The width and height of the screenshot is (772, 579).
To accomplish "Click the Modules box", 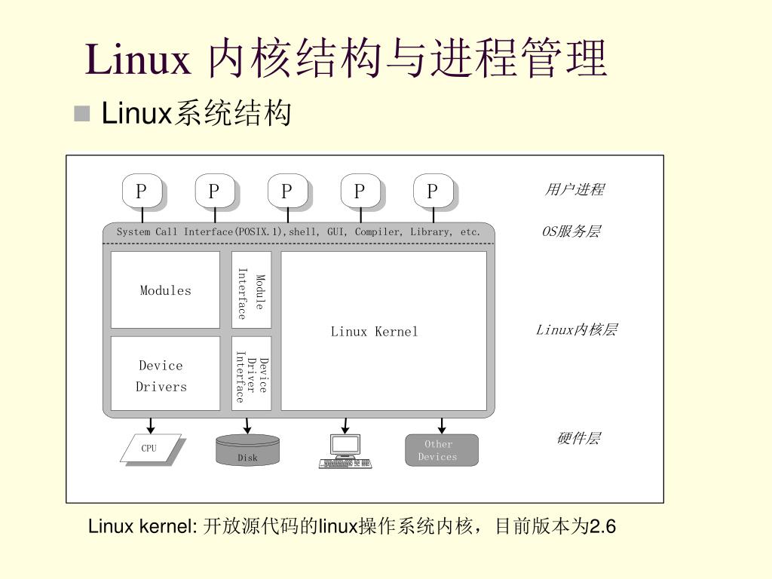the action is [165, 290].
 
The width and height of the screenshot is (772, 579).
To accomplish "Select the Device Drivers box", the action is [165, 374].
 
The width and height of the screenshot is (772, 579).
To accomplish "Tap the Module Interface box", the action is [251, 290].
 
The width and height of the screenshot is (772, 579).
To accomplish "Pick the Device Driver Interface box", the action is [251, 374].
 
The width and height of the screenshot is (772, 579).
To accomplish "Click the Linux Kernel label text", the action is [374, 332].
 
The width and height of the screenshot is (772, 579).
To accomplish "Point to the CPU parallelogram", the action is [151, 448].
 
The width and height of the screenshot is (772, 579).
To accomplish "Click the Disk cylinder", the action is [247, 450].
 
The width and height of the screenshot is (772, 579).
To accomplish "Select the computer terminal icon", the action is [345, 451].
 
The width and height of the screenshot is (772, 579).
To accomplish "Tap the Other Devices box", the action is [442, 450].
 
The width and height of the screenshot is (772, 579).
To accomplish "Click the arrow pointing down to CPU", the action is [151, 425].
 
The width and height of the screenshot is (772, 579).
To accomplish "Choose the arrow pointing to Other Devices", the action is [442, 425].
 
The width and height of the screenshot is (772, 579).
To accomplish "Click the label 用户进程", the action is [574, 189].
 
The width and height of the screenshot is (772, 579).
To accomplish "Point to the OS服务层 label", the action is [571, 231].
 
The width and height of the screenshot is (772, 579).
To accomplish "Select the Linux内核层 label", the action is [576, 329].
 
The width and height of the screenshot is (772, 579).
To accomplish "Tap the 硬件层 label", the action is [578, 438].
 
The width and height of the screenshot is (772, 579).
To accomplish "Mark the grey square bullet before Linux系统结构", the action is [81, 113].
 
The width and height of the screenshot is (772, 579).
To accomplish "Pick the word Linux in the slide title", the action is [138, 59].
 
